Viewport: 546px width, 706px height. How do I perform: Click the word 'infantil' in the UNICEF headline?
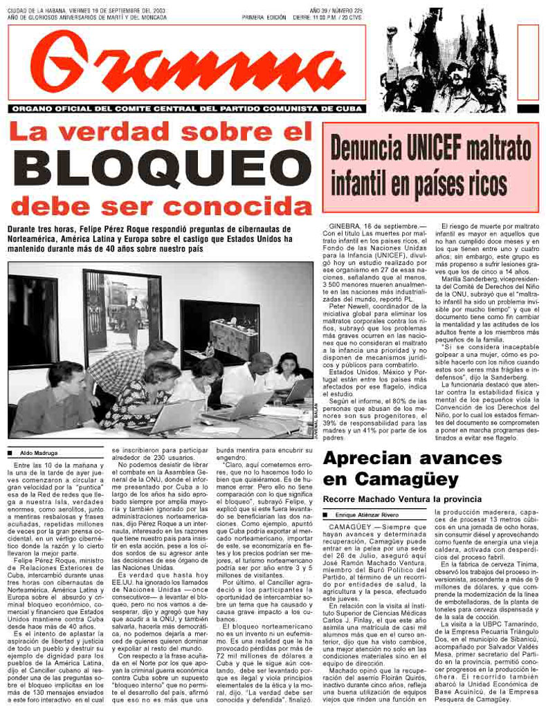(365, 183)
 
